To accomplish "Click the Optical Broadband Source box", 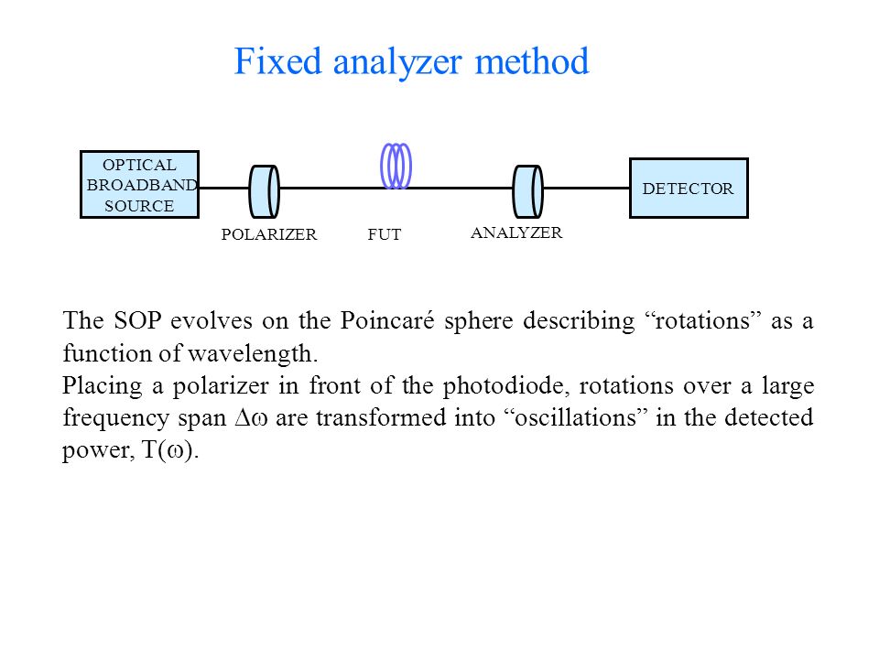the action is point(139,184).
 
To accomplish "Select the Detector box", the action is point(689,189).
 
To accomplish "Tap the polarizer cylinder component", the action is point(264,191).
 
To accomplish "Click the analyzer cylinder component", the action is point(528,191).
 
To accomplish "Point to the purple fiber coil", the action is point(396,166).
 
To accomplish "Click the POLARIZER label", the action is point(269,234).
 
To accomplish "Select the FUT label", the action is point(385,234).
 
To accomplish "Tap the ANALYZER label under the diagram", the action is point(516,232).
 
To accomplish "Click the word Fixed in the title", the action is point(277,60).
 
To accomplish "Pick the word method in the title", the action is point(532,60).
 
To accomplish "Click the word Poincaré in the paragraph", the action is point(387,320).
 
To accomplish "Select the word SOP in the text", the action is point(137,320).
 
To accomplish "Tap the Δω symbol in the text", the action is point(251,418).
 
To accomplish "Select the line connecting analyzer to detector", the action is point(586,189).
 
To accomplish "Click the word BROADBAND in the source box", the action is point(143,185).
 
